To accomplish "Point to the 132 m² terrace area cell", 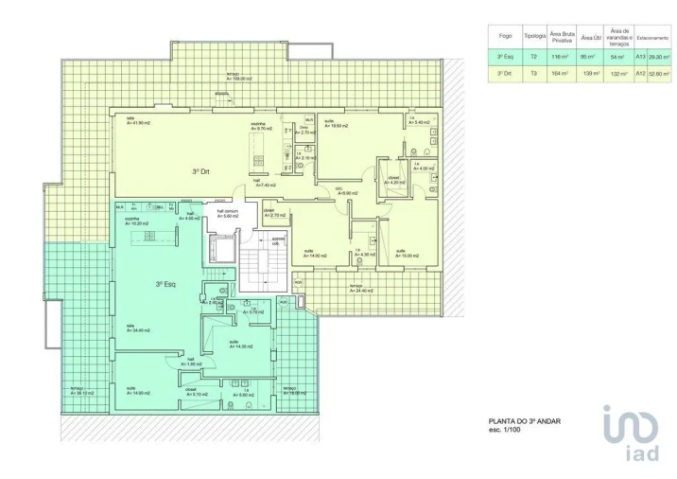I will pyautogui.click(x=617, y=73).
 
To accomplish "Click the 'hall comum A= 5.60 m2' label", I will pyautogui.click(x=227, y=215).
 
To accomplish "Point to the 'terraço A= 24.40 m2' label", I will pyautogui.click(x=357, y=289).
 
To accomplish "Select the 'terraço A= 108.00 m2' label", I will pyautogui.click(x=242, y=78).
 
